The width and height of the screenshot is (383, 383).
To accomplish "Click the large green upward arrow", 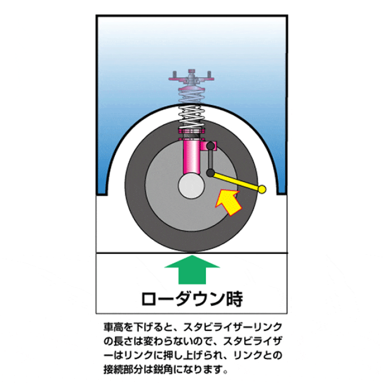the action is click(192, 270).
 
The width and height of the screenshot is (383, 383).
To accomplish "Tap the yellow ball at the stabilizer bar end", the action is click(262, 189).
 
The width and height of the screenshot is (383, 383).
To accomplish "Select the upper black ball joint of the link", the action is click(210, 146).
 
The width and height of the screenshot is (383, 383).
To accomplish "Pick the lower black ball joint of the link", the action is click(210, 173).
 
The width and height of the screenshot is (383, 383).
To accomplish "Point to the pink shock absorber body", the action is click(191, 157).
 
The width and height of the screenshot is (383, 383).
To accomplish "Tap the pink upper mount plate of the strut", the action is click(191, 79).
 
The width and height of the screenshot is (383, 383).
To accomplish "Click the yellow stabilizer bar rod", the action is click(236, 181).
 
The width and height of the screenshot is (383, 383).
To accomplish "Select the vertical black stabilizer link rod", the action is click(210, 160).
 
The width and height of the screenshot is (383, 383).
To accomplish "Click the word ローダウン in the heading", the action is click(182, 298).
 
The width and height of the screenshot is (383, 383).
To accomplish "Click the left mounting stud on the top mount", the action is click(174, 74).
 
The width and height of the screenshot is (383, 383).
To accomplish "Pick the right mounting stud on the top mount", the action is click(209, 74).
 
